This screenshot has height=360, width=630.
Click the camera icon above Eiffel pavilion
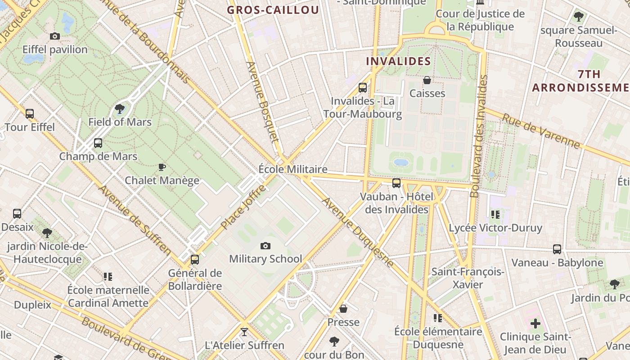[55, 36]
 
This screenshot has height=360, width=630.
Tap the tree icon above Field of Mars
[120, 108]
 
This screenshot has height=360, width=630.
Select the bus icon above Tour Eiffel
[30, 114]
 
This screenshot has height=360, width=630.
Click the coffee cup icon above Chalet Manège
[162, 167]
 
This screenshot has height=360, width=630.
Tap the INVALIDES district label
[398, 61]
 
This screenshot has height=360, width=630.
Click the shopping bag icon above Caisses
[427, 80]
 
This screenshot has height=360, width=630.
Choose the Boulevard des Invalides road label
[479, 136]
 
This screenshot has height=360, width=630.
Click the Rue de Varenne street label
[541, 131]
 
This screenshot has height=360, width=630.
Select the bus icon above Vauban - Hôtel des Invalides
[396, 183]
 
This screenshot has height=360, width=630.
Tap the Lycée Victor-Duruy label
[495, 228]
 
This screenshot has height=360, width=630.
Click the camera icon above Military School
[265, 246]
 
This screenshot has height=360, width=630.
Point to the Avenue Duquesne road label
[359, 232]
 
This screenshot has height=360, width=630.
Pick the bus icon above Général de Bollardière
[195, 260]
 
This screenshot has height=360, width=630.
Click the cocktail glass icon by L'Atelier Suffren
[244, 332]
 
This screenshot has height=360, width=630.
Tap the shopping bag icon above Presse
[343, 309]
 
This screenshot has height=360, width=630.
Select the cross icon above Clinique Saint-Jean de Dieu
[535, 323]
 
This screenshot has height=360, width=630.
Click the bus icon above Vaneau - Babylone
[557, 249]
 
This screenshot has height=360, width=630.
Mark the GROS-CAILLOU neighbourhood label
[273, 10]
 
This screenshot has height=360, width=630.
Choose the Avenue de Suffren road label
[135, 220]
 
